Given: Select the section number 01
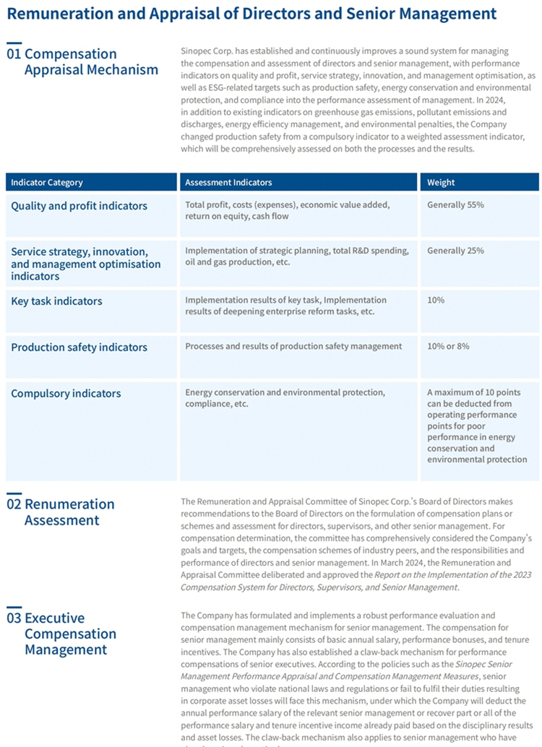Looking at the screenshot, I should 14,54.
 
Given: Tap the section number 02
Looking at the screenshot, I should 14,504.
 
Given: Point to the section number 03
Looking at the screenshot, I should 14,618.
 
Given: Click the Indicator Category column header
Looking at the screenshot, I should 47,183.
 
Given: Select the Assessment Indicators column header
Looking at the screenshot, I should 228,183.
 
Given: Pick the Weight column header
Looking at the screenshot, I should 441,183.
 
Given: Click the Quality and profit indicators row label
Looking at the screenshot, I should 79,206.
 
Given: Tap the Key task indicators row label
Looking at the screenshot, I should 56,301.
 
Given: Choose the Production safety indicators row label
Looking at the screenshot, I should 79,347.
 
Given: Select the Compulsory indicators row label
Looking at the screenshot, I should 66,394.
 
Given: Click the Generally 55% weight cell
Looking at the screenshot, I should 455,205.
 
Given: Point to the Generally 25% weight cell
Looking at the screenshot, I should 455,251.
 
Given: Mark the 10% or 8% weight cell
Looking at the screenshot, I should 448,346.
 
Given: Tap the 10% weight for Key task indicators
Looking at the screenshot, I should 436,300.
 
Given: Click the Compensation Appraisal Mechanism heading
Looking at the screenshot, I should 90,62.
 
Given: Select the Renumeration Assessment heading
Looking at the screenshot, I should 69,512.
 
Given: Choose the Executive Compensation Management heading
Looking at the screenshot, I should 70,634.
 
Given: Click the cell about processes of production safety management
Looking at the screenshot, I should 293,346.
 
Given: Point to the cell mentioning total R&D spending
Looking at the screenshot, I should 296,256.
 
